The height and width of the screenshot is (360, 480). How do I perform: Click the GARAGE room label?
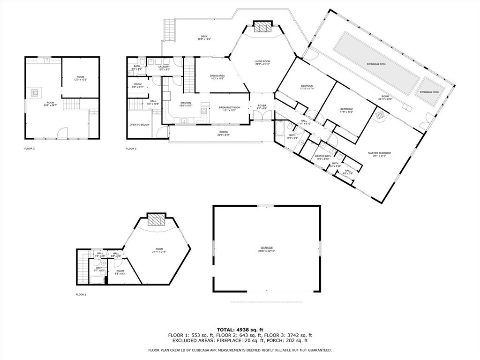tap(267, 247)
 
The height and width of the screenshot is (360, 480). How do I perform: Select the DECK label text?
tap(204, 37)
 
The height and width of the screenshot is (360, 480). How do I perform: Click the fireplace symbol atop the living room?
tap(262, 27)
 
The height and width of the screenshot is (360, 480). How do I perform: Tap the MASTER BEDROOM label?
tap(379, 153)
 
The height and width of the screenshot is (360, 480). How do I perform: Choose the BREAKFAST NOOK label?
tap(229, 108)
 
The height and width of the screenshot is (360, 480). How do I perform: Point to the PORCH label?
tap(223, 132)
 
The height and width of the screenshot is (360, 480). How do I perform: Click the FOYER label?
tap(262, 105)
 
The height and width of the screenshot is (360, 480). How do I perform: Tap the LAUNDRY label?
tap(164, 67)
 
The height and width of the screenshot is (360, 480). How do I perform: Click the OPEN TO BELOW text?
tap(139, 125)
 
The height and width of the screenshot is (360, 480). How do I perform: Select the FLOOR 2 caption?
tap(30, 148)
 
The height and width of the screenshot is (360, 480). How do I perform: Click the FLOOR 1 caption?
tap(81, 294)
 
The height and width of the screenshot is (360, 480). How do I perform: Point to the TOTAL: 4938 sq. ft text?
tap(240, 329)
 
